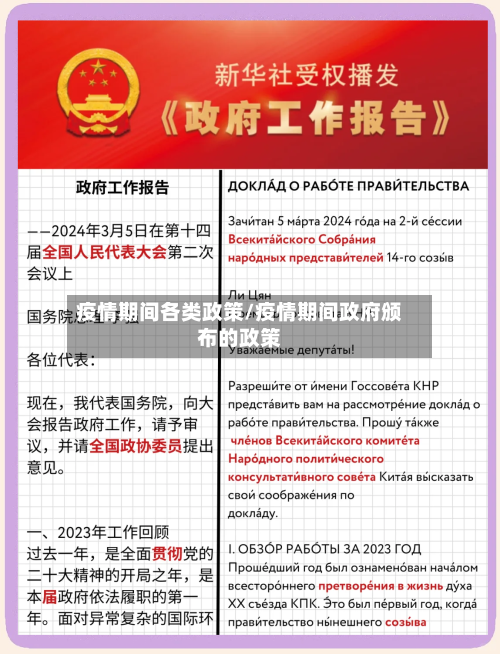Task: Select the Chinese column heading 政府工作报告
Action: click(x=122, y=188)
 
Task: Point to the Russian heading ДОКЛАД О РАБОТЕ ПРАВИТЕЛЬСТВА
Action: click(x=348, y=187)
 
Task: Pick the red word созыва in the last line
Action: click(x=403, y=621)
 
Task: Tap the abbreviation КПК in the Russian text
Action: click(x=323, y=604)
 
